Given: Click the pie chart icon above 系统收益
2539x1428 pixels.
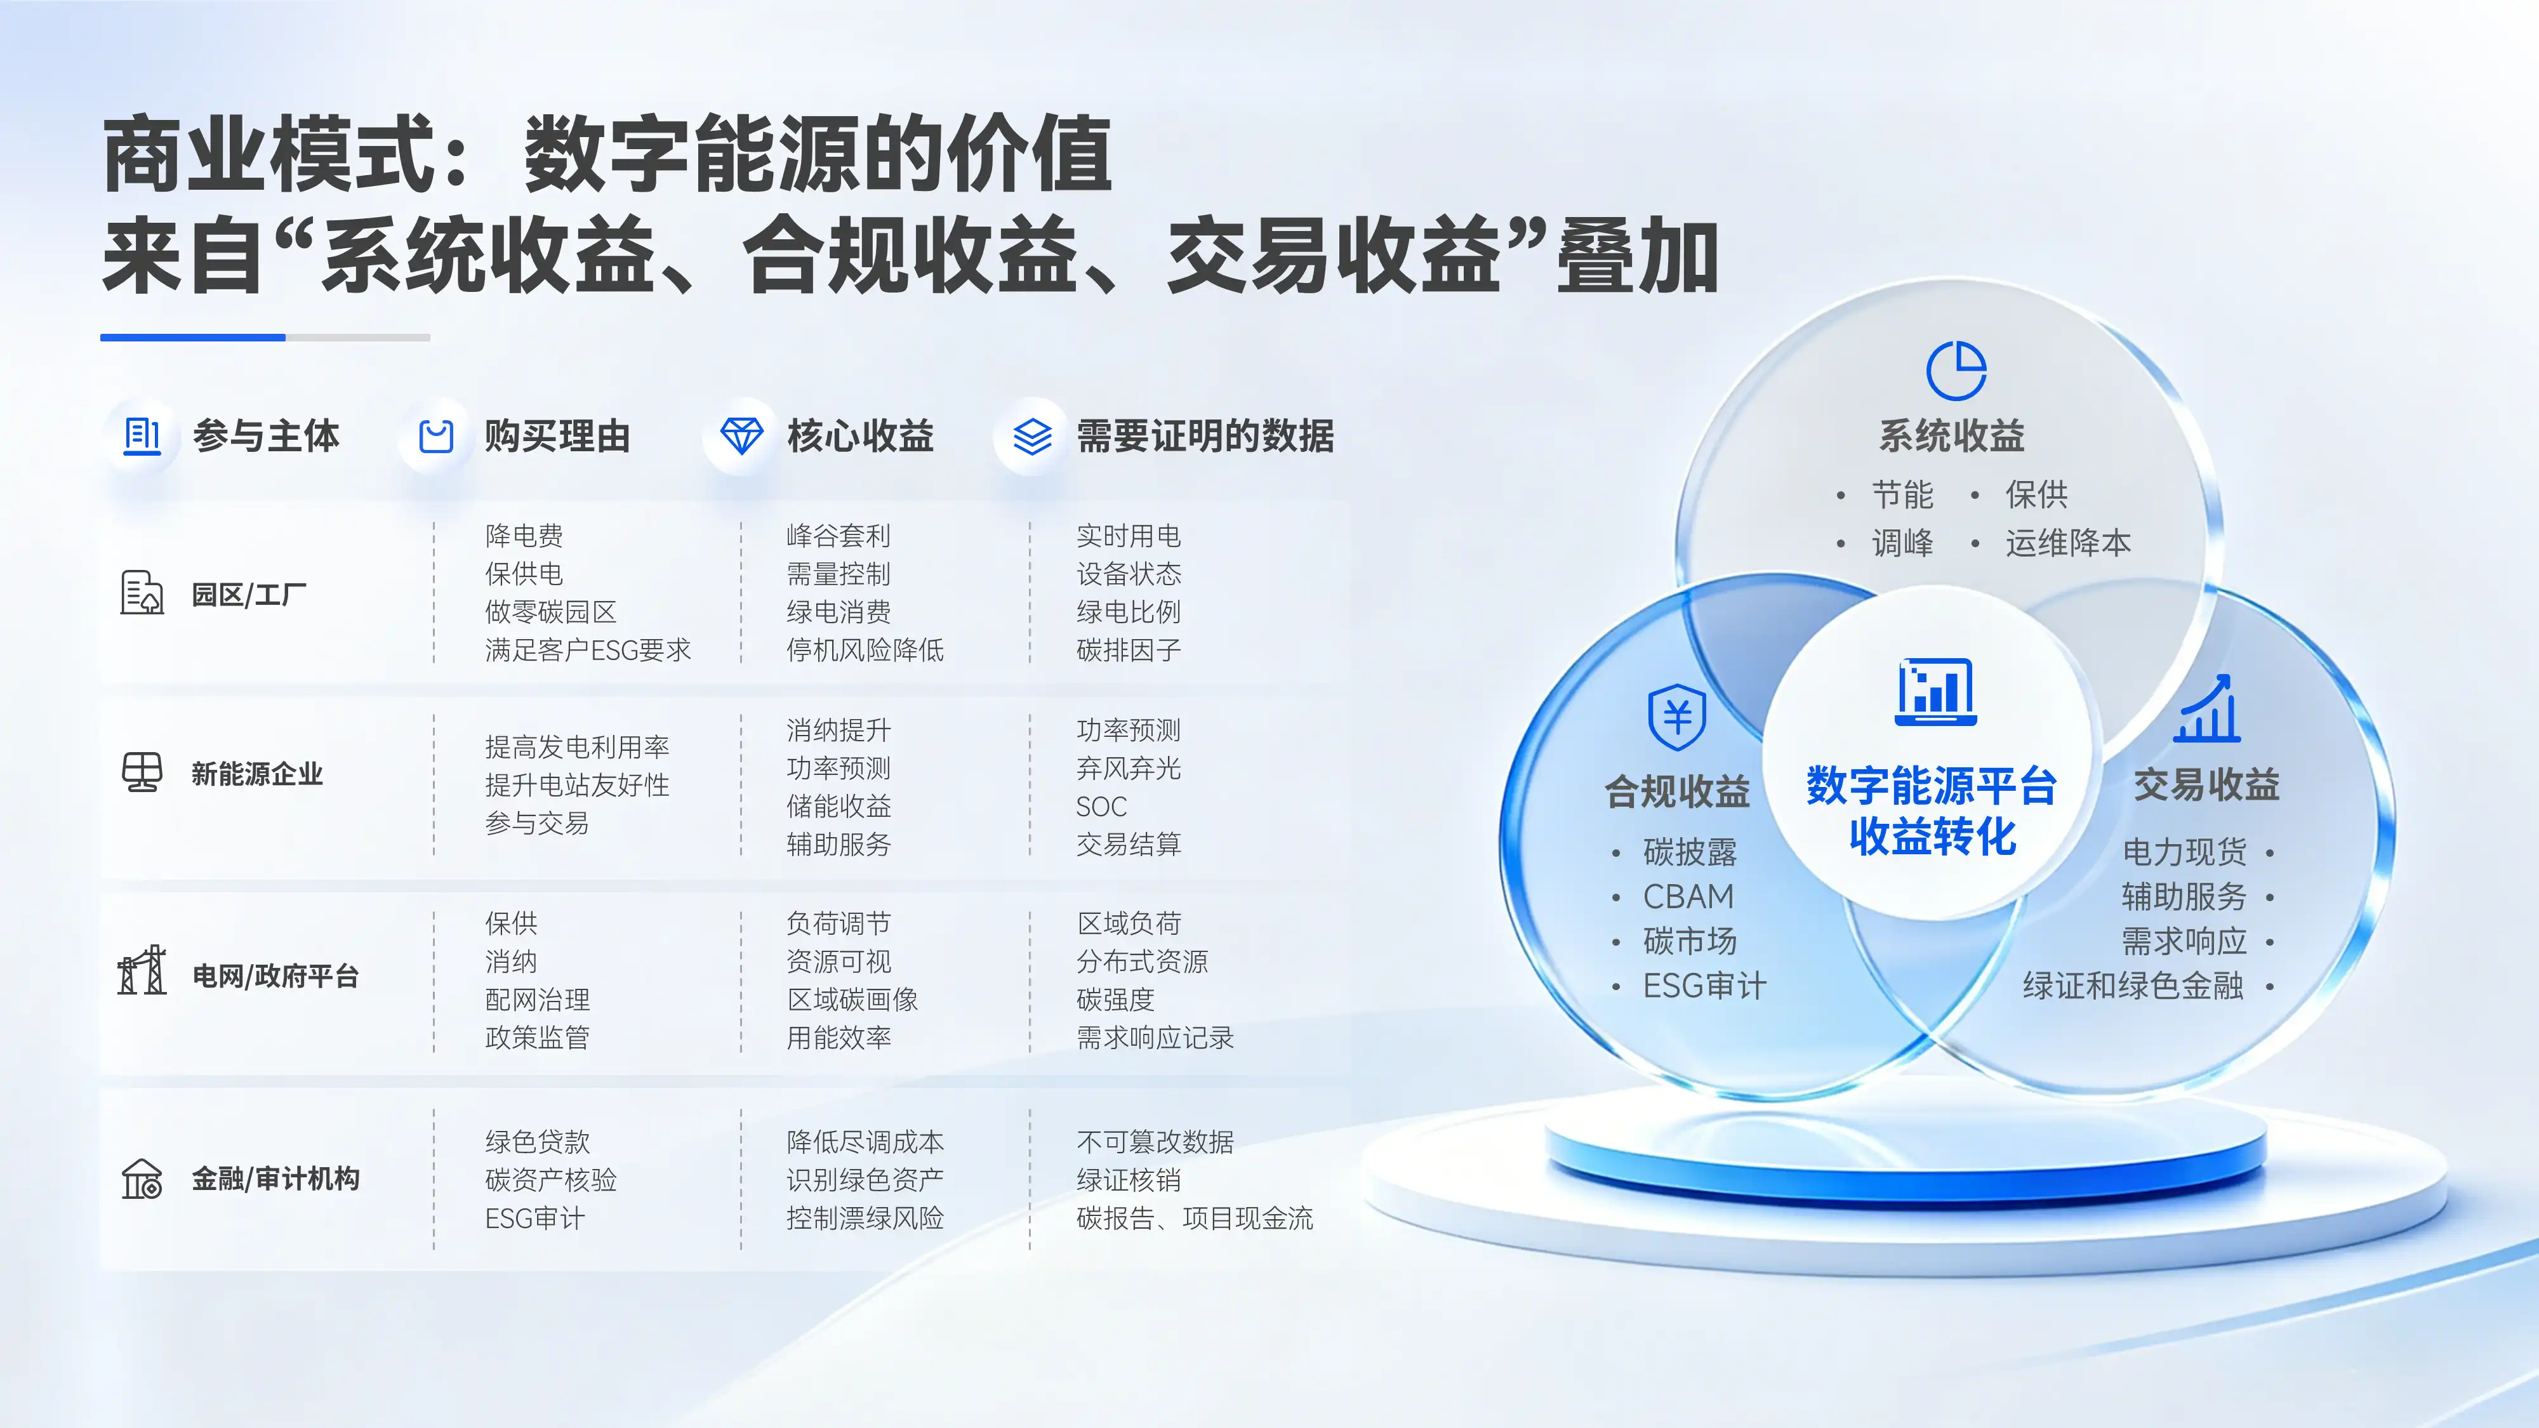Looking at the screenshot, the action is coord(1956,371).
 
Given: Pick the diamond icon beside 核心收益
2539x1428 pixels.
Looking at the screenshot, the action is coord(741,435).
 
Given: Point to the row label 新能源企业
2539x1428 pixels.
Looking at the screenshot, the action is coord(257,774).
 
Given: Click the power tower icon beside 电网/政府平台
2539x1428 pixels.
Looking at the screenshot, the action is coord(142,971).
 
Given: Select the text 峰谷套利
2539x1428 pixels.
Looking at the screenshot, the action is coord(839,536).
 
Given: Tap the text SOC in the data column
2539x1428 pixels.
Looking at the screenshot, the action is coord(1101,807).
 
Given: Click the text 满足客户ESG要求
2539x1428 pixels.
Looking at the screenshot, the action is coord(588,651).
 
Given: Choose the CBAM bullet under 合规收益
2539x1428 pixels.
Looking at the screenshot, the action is coord(1688,897).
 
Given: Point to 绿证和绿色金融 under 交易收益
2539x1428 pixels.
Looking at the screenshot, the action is coord(2133,986).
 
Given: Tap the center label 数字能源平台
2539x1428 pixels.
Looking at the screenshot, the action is coord(1932,786).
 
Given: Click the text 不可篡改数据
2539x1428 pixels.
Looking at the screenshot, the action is coord(1155,1142).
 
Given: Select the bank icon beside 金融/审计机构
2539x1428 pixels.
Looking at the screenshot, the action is coord(142,1179).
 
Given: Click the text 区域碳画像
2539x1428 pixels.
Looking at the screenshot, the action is coord(852,1000).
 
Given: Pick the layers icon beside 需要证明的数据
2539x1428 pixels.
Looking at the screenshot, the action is coord(1032,435).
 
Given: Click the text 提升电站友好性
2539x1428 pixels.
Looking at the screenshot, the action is coord(578,786).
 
